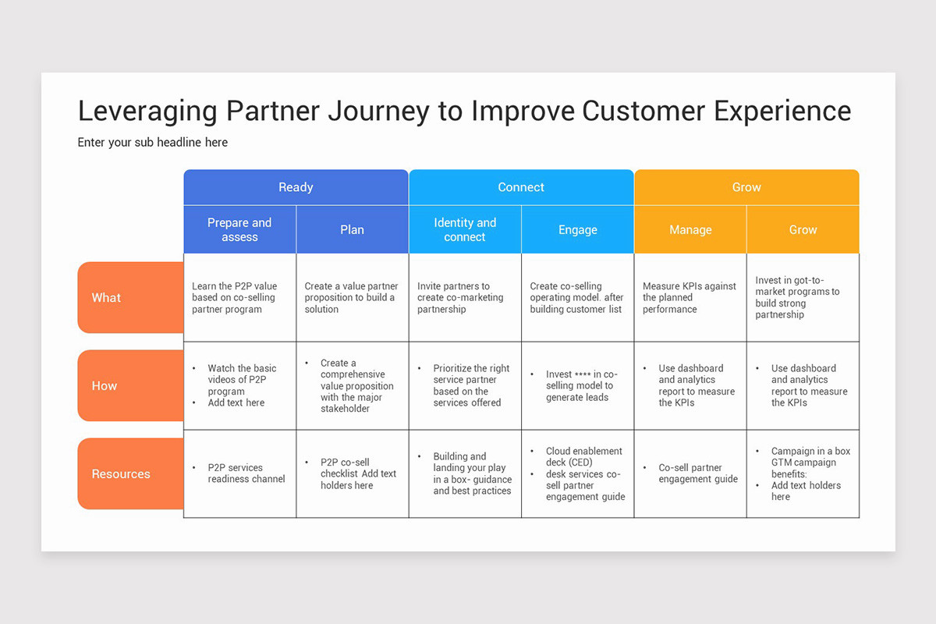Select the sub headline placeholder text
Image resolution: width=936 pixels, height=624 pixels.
pos(153,143)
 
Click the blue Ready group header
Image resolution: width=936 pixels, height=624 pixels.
pos(296,187)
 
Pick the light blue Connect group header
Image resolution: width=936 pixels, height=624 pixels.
pos(521,187)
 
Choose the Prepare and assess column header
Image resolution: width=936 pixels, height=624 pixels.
pos(239,230)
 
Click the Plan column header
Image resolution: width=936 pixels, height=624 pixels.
pos(352,230)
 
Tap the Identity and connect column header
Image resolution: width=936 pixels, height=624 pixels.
pos(465,230)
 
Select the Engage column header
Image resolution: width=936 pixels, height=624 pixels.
pos(577,230)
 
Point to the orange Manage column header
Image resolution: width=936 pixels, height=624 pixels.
pos(690,230)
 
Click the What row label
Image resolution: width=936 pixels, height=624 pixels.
pos(107,298)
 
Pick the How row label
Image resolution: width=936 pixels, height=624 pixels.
pos(105,386)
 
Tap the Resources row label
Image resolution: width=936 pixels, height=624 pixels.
pos(121,474)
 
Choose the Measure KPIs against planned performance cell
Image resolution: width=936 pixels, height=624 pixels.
pos(690,298)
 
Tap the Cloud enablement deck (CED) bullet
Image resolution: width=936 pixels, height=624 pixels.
pos(584,456)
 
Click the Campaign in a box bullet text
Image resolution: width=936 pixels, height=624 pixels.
pos(810,451)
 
